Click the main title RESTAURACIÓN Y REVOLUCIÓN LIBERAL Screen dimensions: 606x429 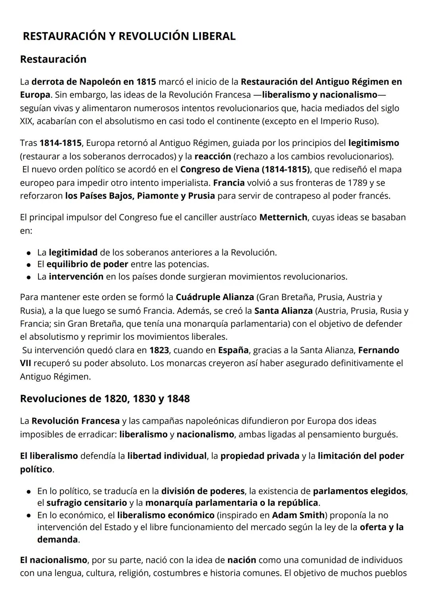point(129,36)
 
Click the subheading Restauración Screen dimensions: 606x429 point(53,59)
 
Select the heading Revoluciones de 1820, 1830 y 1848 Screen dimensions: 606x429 point(105,398)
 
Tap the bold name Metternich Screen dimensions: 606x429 point(283,217)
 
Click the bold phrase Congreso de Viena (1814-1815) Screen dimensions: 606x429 point(245,169)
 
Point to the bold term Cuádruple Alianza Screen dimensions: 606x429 point(214,297)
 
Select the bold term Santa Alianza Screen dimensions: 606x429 point(283,310)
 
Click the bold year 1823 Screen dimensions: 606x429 point(159,350)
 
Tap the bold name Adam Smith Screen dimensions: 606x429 point(298,515)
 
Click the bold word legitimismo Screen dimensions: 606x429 point(373,143)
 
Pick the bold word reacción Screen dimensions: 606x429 point(213,156)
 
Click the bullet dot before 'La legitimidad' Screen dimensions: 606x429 point(29,253)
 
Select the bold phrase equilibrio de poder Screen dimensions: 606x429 point(87,264)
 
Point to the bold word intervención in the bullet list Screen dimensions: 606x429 point(76,276)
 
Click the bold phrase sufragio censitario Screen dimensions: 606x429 point(87,503)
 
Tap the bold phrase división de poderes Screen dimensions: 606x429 point(203,491)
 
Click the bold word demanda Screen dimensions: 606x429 point(58,539)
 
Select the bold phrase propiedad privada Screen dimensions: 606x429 point(260,456)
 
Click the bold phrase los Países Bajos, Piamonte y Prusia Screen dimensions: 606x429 point(140,196)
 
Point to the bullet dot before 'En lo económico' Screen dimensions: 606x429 point(29,516)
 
